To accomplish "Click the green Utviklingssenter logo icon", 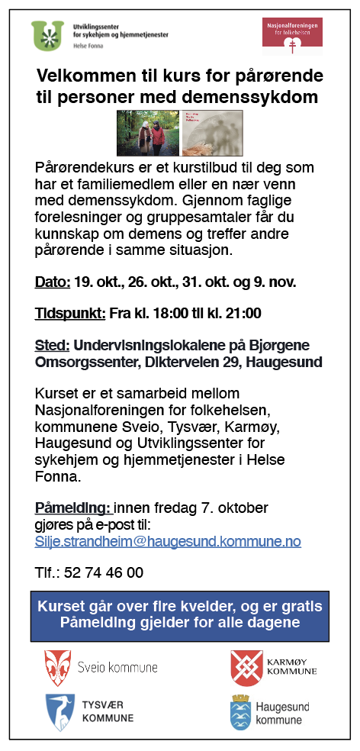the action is click(49, 35).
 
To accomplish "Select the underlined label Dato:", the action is click(53, 282).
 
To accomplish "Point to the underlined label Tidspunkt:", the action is click(70, 314).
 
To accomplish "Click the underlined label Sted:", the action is click(53, 345).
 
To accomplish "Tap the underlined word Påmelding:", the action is click(73, 508).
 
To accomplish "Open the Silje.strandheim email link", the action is click(168, 542).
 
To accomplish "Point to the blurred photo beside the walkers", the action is click(213, 133).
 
